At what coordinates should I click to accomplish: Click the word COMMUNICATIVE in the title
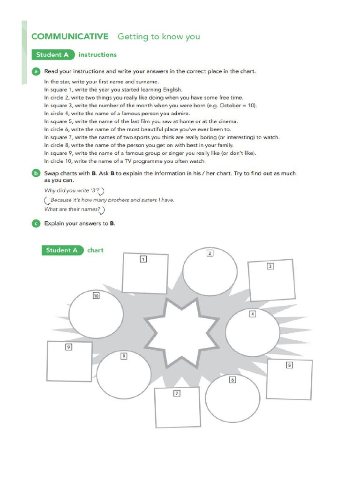pyautogui.click(x=69, y=37)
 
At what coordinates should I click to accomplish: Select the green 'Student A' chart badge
pyautogui.click(x=62, y=250)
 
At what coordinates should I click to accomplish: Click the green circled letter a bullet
pyautogui.click(x=36, y=72)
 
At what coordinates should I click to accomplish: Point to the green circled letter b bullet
pyautogui.click(x=36, y=173)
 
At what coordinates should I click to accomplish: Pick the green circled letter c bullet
pyautogui.click(x=36, y=224)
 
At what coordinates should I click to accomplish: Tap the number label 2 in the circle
pyautogui.click(x=210, y=253)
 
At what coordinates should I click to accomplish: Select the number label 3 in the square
pyautogui.click(x=270, y=266)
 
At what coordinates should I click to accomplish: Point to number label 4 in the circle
pyautogui.click(x=252, y=314)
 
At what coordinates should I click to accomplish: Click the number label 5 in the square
pyautogui.click(x=289, y=365)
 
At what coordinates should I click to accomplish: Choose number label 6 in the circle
pyautogui.click(x=232, y=380)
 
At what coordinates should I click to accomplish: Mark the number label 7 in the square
pyautogui.click(x=177, y=393)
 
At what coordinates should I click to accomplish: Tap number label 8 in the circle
pyautogui.click(x=124, y=356)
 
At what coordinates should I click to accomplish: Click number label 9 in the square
pyautogui.click(x=68, y=347)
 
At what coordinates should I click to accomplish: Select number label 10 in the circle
pyautogui.click(x=96, y=296)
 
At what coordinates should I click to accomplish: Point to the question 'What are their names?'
pyautogui.click(x=74, y=210)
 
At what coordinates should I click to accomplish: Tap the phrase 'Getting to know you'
pyautogui.click(x=158, y=37)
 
